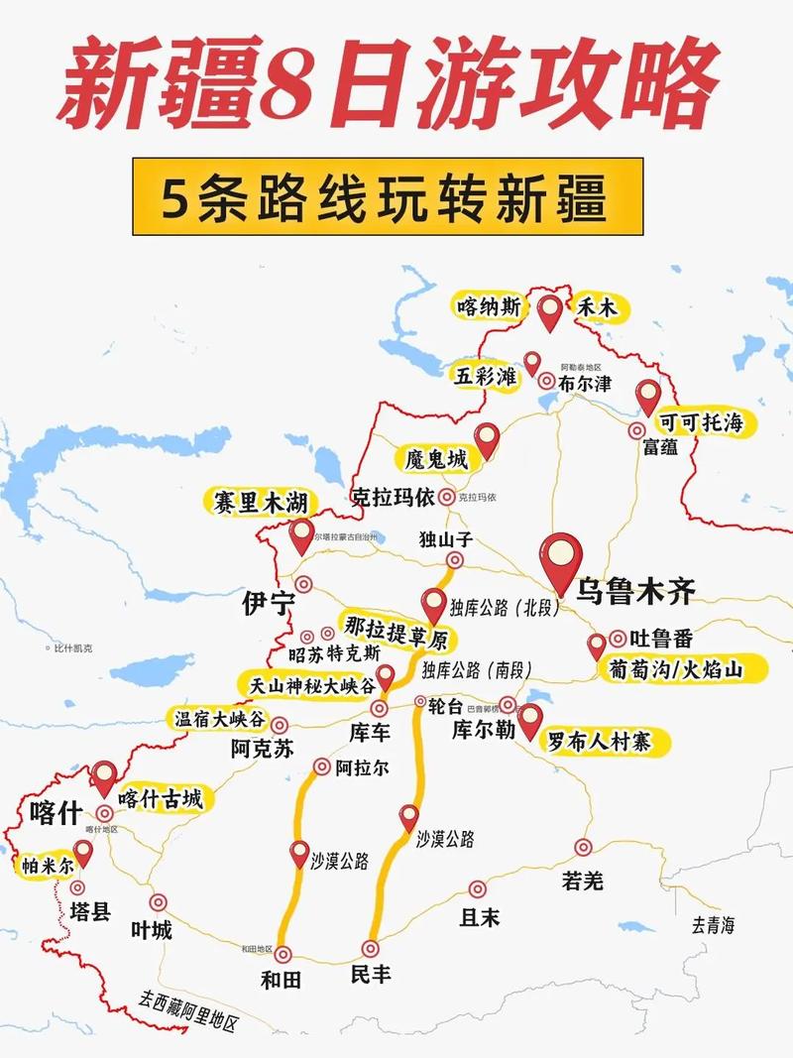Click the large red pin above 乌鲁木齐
coord(562,558)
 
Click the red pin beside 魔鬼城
coord(486,438)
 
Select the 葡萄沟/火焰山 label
coord(688,671)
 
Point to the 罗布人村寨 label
coord(603,740)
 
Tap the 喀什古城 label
coord(160,798)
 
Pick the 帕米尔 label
coord(48,865)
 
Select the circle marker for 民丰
coord(372,948)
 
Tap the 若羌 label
coord(582,880)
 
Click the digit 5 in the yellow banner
coord(177,198)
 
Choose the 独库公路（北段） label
coord(505,607)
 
